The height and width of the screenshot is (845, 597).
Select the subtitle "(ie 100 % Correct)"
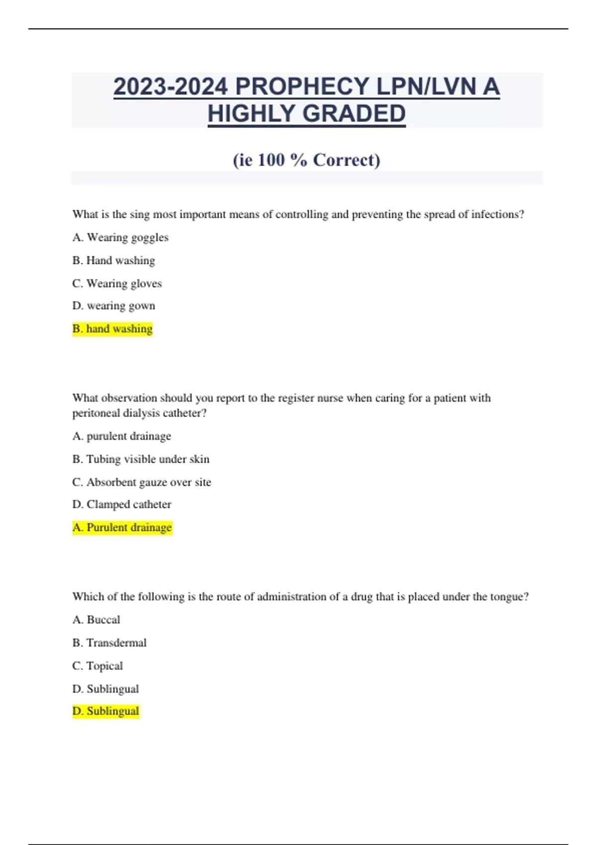(306, 160)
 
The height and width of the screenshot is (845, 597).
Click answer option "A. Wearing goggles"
(120, 238)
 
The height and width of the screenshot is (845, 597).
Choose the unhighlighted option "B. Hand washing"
(113, 260)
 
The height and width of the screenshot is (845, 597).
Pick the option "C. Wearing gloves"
(117, 283)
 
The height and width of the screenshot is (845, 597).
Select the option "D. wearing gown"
(113, 306)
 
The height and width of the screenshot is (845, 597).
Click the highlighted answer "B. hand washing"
(112, 329)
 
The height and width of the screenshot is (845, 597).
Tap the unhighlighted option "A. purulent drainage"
(121, 436)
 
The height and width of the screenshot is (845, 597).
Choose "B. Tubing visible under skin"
(141, 459)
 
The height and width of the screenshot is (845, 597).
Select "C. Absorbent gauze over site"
(142, 482)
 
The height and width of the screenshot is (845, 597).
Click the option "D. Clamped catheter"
(121, 505)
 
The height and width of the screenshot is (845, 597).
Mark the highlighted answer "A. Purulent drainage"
(122, 527)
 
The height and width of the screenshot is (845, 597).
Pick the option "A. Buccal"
(96, 620)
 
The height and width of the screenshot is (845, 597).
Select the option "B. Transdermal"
(109, 643)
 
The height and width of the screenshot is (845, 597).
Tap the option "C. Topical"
(98, 666)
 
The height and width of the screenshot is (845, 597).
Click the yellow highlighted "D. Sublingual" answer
(105, 711)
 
